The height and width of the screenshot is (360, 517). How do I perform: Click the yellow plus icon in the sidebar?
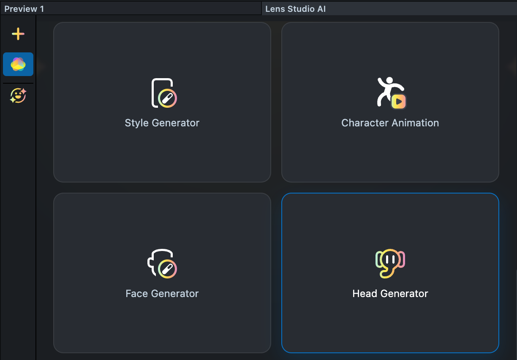(18, 34)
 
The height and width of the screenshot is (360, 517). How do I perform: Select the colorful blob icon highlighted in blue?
(18, 64)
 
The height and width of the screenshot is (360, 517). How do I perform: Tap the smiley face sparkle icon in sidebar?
(18, 96)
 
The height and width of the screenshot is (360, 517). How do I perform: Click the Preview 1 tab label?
(24, 9)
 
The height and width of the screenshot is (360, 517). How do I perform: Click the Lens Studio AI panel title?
(295, 9)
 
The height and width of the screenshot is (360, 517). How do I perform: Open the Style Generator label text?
(162, 123)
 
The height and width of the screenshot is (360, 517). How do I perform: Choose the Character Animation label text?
(390, 123)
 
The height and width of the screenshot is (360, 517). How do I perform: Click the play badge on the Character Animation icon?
(399, 101)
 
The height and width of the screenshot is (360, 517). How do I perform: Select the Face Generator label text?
(162, 294)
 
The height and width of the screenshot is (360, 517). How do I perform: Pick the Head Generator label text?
(390, 294)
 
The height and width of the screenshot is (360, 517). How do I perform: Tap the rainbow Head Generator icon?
(390, 263)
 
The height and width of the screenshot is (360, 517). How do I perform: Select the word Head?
(364, 294)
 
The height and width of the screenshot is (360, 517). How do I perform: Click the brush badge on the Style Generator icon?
(168, 98)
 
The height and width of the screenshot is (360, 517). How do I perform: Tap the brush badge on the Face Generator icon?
(167, 269)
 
